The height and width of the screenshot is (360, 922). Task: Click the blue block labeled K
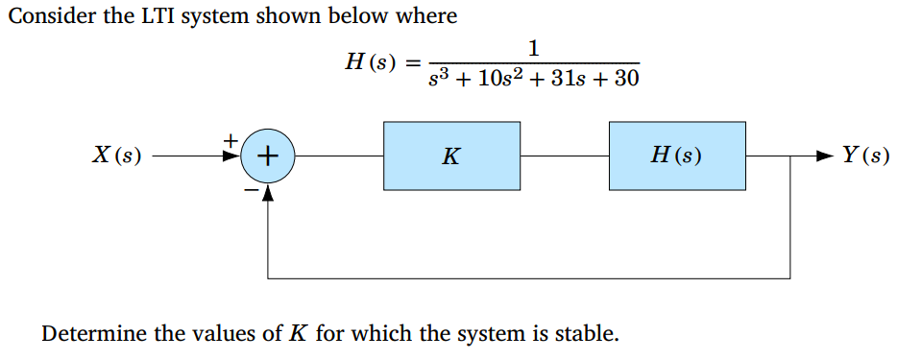coord(451,156)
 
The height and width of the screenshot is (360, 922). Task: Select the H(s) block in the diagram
coord(676,156)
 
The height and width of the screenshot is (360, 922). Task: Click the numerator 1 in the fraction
coord(534,46)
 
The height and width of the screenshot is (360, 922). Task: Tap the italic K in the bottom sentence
coord(299,334)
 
